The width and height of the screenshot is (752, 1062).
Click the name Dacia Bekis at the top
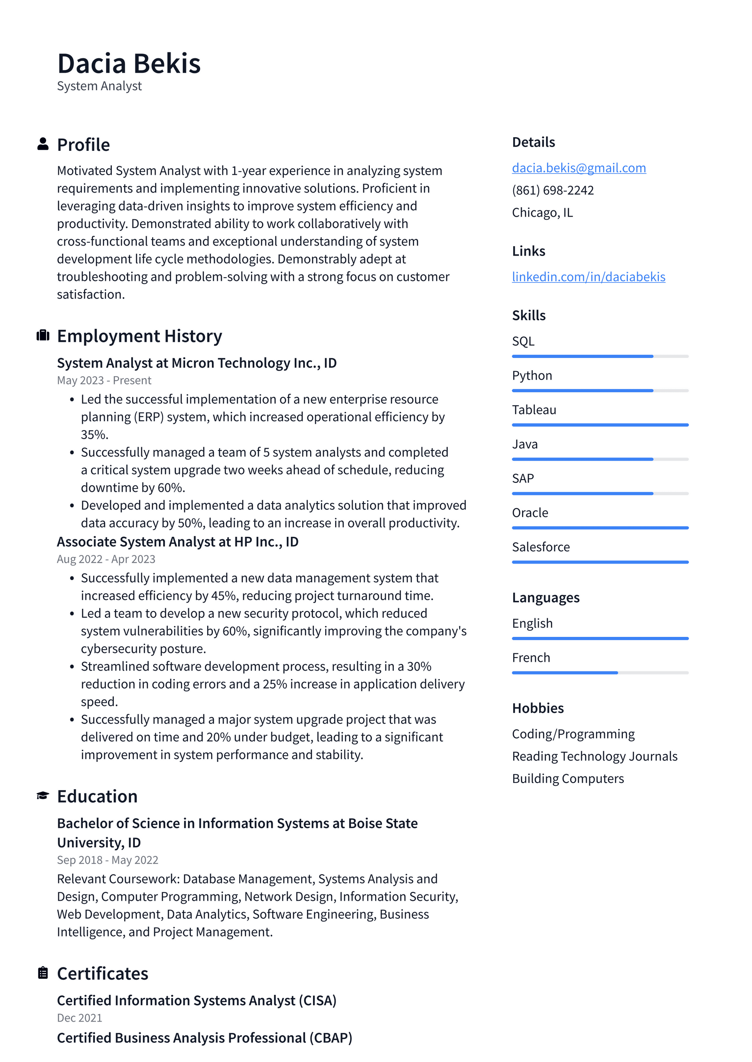129,63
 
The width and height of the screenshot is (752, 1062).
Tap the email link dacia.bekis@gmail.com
579,168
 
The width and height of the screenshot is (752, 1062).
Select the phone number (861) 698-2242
553,190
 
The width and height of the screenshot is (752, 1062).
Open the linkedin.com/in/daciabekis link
588,277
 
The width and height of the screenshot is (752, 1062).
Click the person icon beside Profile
43,144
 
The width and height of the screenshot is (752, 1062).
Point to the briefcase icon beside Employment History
43,335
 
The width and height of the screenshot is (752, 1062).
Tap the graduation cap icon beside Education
43,796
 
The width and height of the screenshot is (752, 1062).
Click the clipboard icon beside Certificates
43,973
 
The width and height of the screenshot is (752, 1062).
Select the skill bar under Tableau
600,425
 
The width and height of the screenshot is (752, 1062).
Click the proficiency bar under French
600,673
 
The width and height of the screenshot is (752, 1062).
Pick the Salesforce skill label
540,547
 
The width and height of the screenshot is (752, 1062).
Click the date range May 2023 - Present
104,380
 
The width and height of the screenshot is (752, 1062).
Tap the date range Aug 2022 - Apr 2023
106,559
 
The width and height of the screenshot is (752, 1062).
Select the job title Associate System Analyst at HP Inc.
177,542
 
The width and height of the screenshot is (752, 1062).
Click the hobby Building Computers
568,778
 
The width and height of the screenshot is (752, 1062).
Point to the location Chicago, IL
542,213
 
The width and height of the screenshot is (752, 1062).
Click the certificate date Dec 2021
79,1017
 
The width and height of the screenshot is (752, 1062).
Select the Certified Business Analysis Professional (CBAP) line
204,1038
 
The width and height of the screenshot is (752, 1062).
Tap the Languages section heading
546,597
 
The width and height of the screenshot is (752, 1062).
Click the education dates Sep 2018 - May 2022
108,860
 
